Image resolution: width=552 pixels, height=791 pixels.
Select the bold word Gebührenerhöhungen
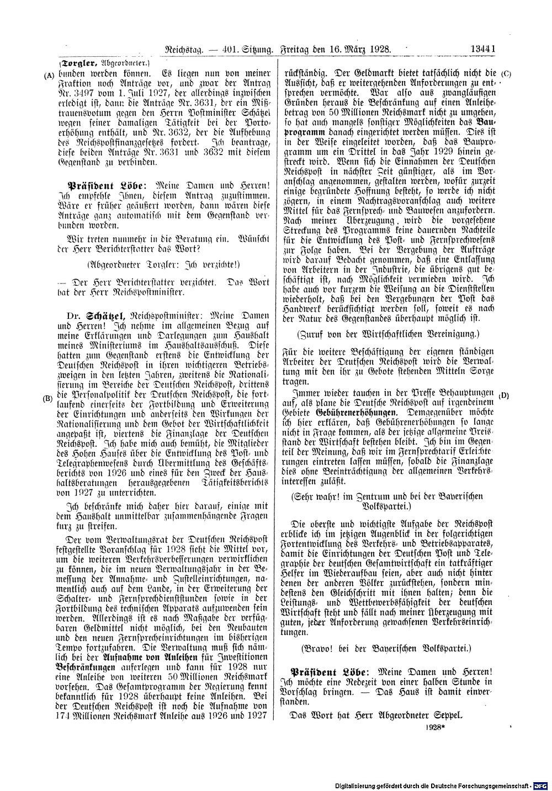coord(356,413)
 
